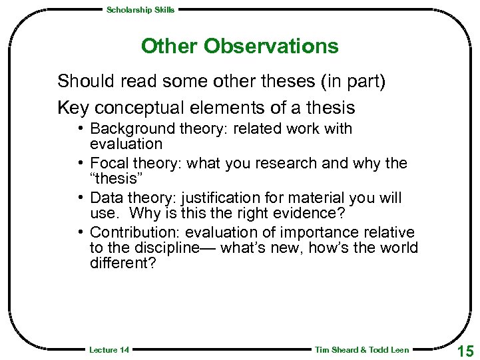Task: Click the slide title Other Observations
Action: pos(240,47)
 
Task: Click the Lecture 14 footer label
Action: pos(109,350)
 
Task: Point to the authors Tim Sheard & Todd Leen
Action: pos(361,350)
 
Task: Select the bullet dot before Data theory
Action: pos(80,198)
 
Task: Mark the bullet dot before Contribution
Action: pos(80,232)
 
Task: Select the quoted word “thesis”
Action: pos(113,178)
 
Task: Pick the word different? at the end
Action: pos(122,263)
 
